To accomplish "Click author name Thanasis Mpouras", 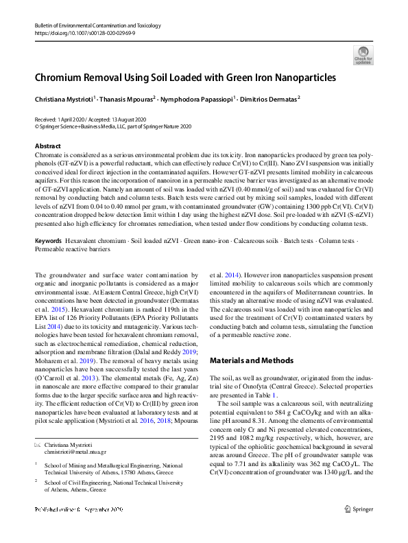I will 128,99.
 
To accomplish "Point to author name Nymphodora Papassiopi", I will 196,99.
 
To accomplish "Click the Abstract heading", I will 48,146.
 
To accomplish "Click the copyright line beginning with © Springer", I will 113,126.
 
